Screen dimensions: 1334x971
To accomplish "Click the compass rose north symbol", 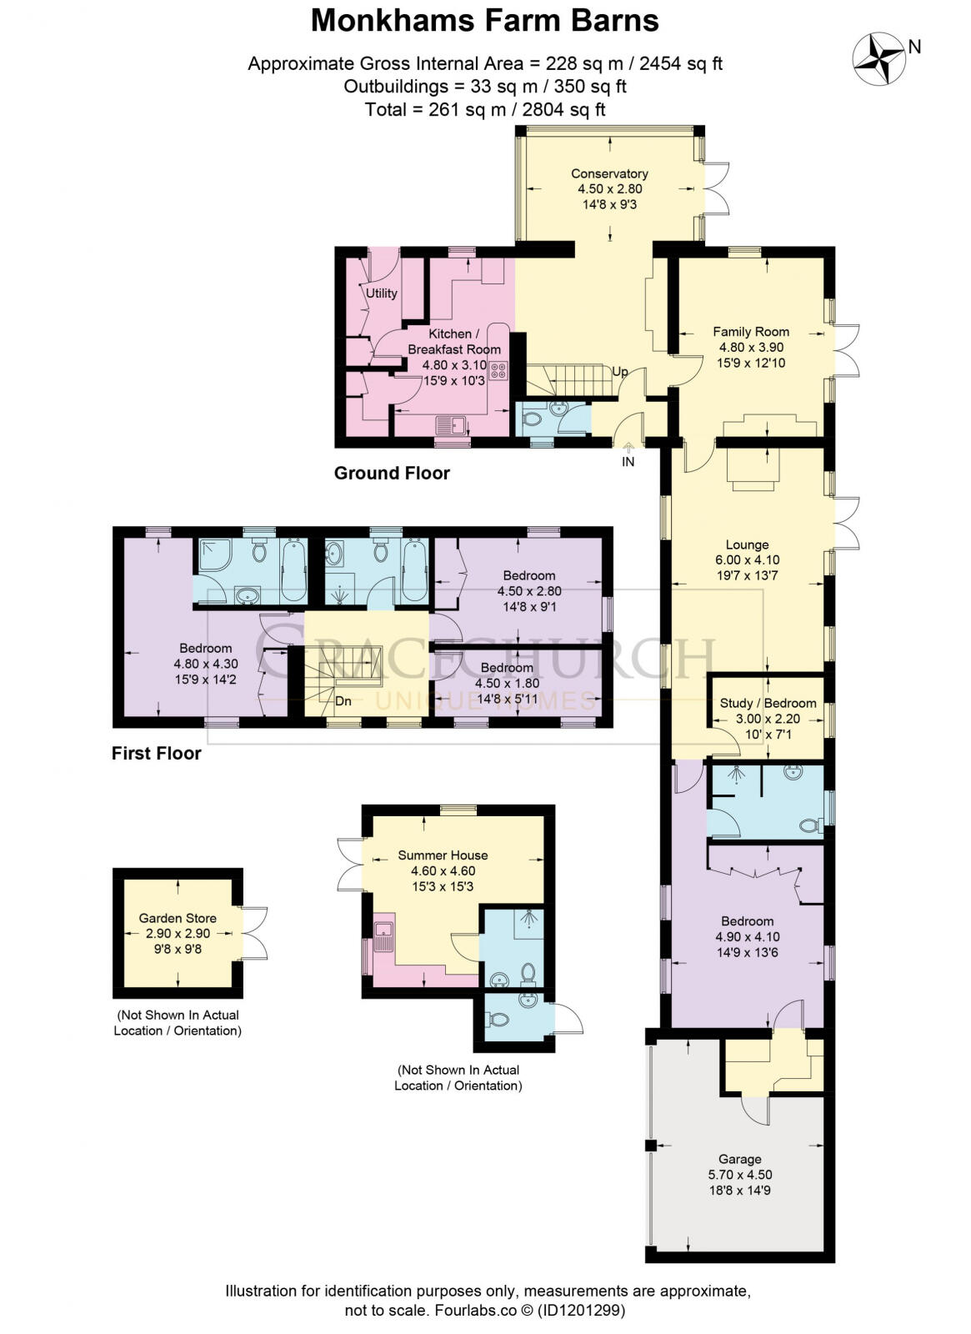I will point(880,58).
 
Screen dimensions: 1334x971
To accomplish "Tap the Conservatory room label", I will point(609,173).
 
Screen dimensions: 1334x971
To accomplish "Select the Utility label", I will point(382,293).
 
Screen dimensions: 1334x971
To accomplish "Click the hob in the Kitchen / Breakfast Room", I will point(498,371).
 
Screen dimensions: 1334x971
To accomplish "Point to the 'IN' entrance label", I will point(628,461).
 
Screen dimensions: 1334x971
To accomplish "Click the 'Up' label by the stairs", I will point(620,372).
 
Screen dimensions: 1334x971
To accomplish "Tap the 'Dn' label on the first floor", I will point(343,701).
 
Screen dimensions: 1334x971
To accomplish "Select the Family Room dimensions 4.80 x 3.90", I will point(751,348).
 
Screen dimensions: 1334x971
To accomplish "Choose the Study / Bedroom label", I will point(768,703).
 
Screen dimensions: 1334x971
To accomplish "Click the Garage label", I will point(739,1159).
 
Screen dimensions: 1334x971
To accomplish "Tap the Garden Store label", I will point(178,919).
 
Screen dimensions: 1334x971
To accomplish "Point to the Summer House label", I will point(443,855).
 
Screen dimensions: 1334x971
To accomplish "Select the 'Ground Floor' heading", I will point(392,474).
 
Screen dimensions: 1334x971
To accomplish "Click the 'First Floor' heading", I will point(157,754).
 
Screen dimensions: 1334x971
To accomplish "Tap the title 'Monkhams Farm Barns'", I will point(484,21).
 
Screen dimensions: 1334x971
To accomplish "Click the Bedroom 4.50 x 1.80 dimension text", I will point(507,683).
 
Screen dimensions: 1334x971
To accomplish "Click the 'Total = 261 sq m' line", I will point(484,109).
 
